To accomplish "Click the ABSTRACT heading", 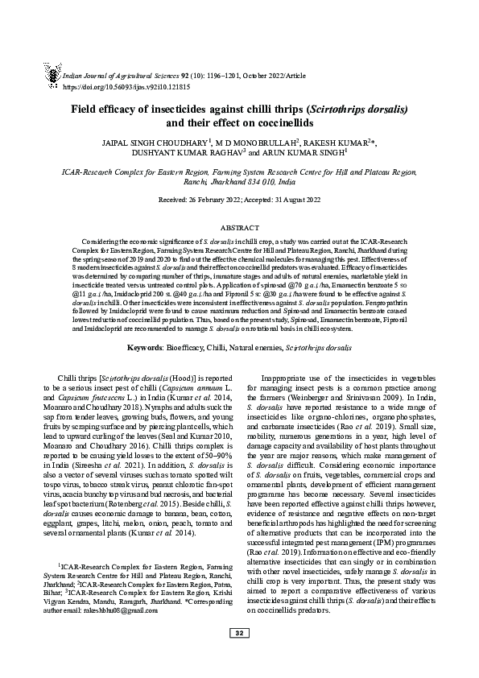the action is pos(239,229).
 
